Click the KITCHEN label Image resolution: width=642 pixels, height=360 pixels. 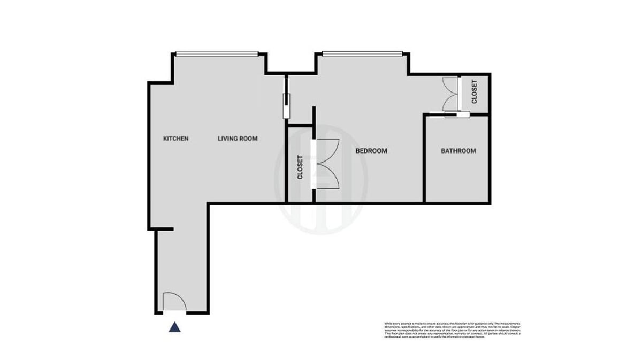(x=175, y=139)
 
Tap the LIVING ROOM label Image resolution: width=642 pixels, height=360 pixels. (x=238, y=139)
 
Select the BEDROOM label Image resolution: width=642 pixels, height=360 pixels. (x=371, y=151)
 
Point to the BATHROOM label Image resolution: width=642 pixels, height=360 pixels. (x=458, y=151)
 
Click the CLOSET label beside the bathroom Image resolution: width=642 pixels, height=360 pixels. (x=475, y=92)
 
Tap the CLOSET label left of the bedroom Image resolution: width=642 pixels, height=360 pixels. (x=300, y=167)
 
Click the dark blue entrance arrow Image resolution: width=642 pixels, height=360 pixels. (x=174, y=327)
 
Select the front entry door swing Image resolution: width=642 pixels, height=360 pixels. (x=174, y=302)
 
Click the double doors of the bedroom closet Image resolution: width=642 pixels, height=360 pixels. (x=326, y=163)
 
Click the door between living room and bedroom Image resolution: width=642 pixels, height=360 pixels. (x=287, y=97)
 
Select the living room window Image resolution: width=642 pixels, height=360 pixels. (x=217, y=53)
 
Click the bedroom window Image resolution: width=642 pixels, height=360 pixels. (x=362, y=53)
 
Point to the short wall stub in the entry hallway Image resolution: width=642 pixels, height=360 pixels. (x=164, y=229)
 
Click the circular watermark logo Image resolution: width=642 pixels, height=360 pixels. (x=321, y=179)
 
